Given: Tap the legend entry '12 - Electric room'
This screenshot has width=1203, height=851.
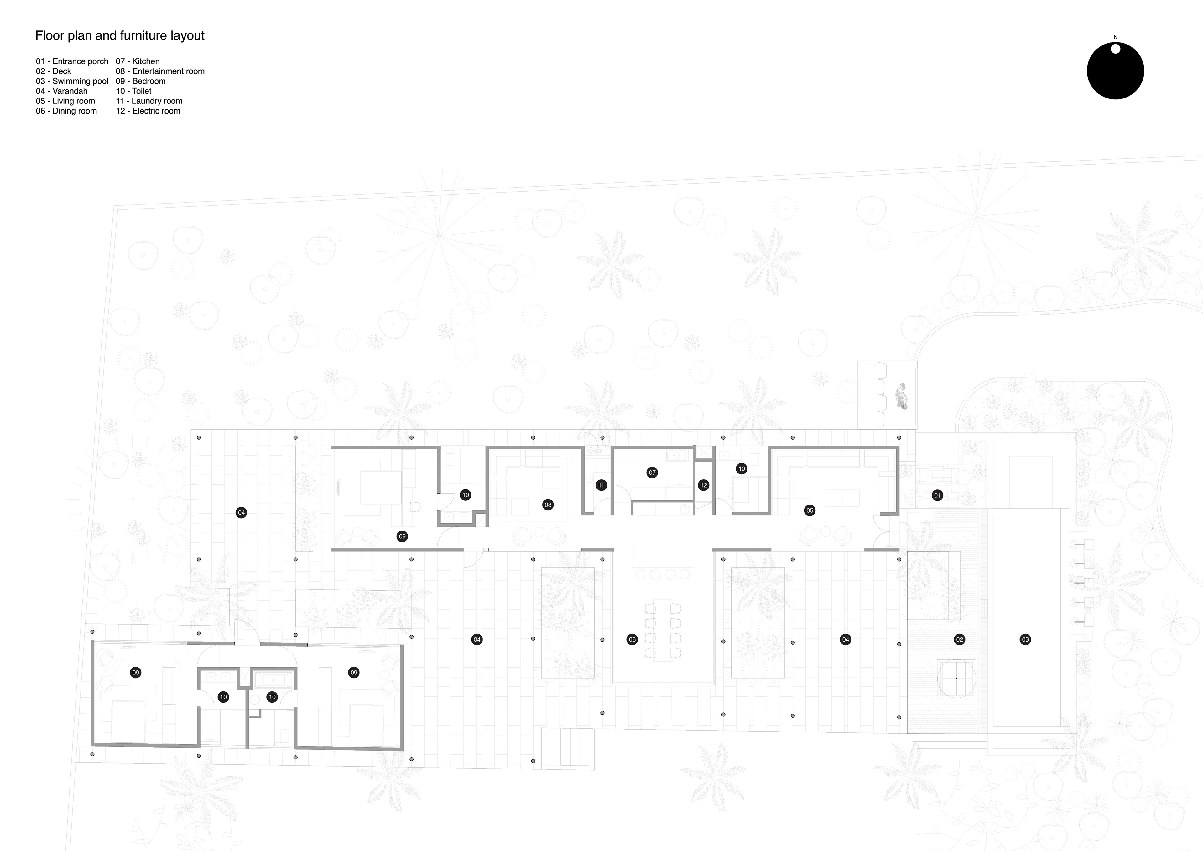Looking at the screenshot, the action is coord(148,111).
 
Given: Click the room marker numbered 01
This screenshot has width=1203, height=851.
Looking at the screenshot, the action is coord(937,495).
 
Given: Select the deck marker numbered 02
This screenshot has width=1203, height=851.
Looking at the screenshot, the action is coord(959,639).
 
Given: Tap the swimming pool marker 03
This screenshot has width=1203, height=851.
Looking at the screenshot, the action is coord(1025,639).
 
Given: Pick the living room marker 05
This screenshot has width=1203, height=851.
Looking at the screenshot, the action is coord(810,510).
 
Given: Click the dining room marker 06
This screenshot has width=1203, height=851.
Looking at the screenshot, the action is coord(632,639).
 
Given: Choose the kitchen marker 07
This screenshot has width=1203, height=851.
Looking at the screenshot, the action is coord(652,473).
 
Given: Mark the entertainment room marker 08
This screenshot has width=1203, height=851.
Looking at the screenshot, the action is coord(548,505).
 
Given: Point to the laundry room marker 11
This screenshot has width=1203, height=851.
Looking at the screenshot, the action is coord(601,485).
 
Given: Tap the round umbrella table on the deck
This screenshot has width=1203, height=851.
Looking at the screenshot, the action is coord(957,679).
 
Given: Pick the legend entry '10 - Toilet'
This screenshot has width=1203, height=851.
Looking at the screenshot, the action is coord(133,91).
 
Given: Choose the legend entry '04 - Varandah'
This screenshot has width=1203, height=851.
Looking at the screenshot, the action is coord(61,91).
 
